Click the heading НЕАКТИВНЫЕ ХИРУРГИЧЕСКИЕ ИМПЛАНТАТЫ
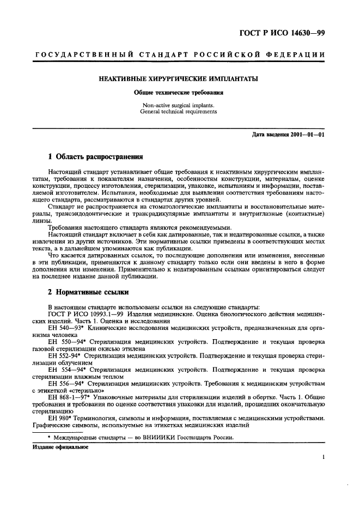(x=178, y=79)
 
